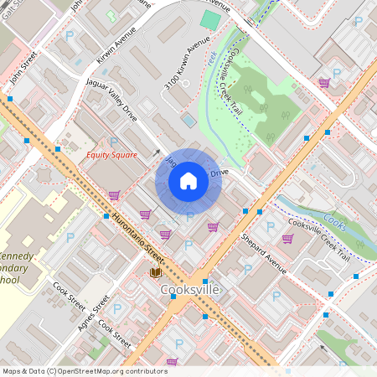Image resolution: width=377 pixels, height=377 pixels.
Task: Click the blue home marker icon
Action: [188, 180]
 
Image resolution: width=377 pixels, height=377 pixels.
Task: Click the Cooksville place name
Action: [189, 290]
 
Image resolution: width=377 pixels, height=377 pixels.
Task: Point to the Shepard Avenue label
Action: [264, 252]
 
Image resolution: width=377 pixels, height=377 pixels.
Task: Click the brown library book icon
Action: [155, 272]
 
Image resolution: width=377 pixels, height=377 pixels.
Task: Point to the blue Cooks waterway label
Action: [334, 222]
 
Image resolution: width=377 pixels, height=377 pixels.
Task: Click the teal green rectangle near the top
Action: [210, 20]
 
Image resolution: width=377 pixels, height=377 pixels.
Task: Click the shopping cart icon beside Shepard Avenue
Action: [287, 239]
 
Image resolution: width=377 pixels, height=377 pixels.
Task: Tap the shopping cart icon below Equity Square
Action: [113, 195]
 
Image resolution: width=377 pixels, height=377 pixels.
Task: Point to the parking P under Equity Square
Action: [113, 142]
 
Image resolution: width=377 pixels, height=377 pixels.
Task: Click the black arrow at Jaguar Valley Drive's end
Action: [157, 153]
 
